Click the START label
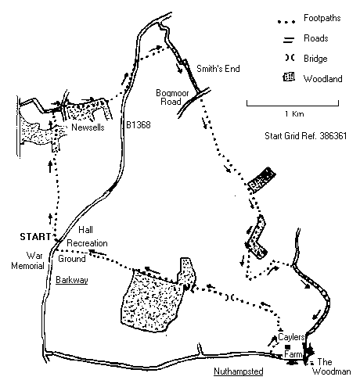(x=35, y=237)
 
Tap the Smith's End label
(x=218, y=69)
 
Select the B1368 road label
(x=139, y=125)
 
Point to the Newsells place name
(x=88, y=127)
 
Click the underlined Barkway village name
(x=72, y=280)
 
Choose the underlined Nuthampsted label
(x=239, y=371)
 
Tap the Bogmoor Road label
(x=172, y=97)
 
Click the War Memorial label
(x=28, y=260)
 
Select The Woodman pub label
(x=331, y=367)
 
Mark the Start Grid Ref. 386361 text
(x=305, y=136)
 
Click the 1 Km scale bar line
(x=293, y=106)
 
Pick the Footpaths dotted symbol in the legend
(x=286, y=22)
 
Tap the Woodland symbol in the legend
(x=289, y=77)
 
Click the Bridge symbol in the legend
(x=290, y=58)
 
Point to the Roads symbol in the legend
(x=289, y=40)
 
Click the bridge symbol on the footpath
(x=230, y=297)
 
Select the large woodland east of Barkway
(x=153, y=300)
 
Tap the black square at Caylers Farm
(x=288, y=346)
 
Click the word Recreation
(x=87, y=243)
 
